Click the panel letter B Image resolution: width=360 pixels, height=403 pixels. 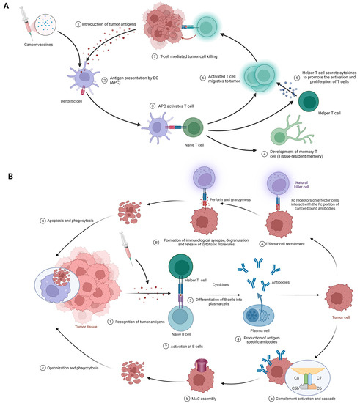coord(10,176)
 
